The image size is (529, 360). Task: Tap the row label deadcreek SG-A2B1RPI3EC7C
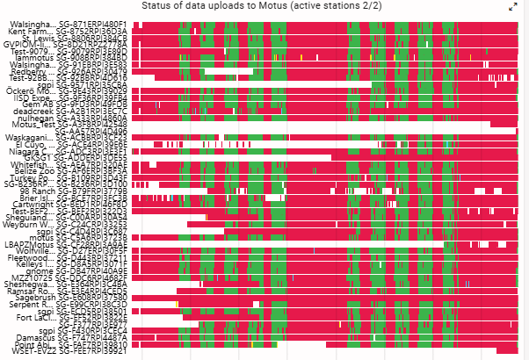point(76,111)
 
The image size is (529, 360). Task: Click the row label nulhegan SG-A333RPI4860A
point(76,117)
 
